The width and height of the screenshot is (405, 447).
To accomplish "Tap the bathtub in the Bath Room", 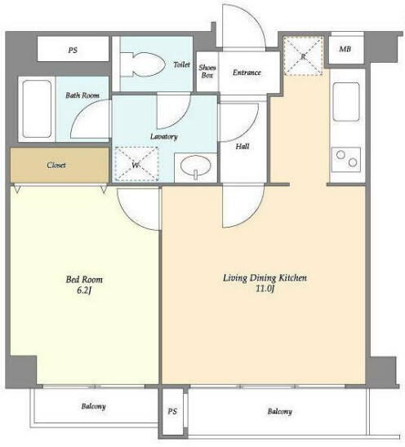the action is (x=37, y=109).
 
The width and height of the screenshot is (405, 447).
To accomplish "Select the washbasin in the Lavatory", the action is (x=196, y=166).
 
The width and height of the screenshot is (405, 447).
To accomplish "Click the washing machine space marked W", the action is (x=136, y=164).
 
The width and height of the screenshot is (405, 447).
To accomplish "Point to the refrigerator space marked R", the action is (x=303, y=55).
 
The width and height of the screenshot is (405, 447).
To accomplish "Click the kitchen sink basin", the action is (x=346, y=102).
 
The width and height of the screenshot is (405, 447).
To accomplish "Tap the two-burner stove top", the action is (x=346, y=159).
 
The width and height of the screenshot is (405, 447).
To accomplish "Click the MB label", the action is (x=345, y=49).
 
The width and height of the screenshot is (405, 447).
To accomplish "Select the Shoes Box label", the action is (x=207, y=71).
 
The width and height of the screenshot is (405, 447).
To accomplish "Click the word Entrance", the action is (x=247, y=73).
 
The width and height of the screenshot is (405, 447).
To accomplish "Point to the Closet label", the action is (x=56, y=165).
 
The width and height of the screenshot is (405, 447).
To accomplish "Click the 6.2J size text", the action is (x=84, y=290).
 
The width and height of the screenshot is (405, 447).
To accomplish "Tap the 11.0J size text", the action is (x=265, y=289).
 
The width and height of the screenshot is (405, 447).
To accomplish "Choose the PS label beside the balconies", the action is (x=172, y=411).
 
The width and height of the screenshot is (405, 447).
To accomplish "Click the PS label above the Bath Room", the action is (x=73, y=51).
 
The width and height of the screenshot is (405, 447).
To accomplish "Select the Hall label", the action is (x=243, y=147).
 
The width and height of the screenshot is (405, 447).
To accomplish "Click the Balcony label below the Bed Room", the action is (x=94, y=406).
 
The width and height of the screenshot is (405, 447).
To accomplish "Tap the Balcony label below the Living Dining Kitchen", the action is (x=280, y=411).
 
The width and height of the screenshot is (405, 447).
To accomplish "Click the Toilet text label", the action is (x=182, y=64).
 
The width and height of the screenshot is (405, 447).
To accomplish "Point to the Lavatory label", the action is (x=164, y=137).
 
